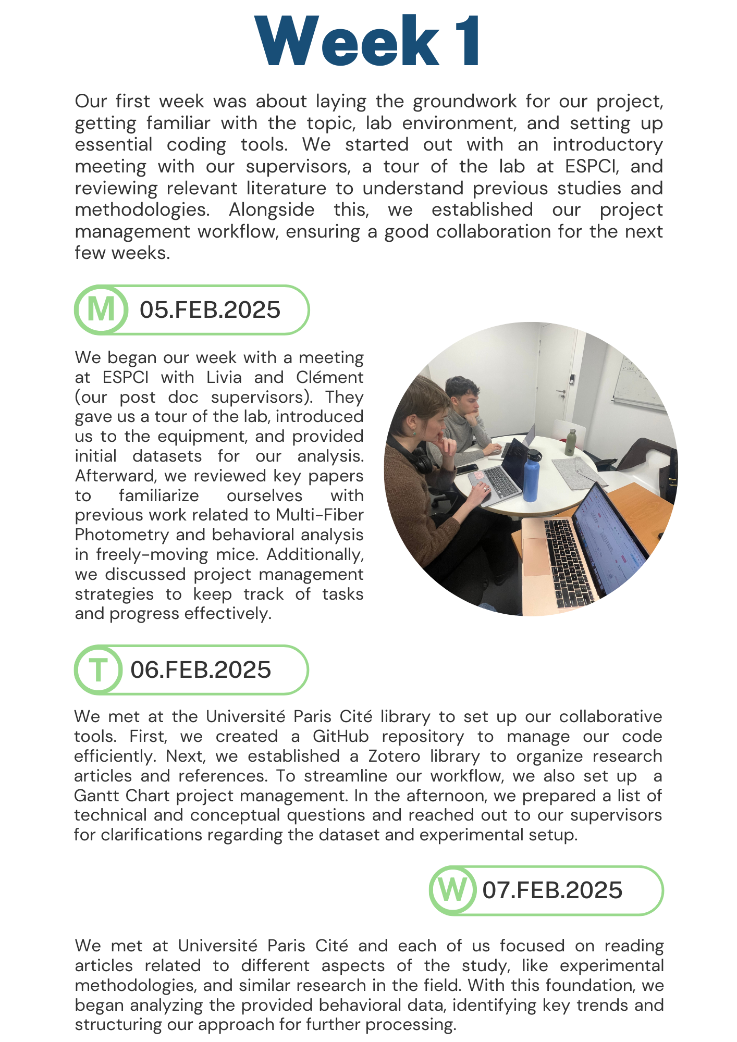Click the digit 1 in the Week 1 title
pyautogui.click(x=465, y=42)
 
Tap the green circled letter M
pyautogui.click(x=101, y=309)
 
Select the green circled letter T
pyautogui.click(x=98, y=669)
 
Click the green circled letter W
pyautogui.click(x=452, y=890)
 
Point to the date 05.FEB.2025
pyautogui.click(x=210, y=310)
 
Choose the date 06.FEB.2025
pyautogui.click(x=201, y=670)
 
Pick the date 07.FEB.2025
pyautogui.click(x=552, y=890)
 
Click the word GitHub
pyautogui.click(x=341, y=737)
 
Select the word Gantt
pyautogui.click(x=96, y=796)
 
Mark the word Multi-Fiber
pyautogui.click(x=320, y=515)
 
